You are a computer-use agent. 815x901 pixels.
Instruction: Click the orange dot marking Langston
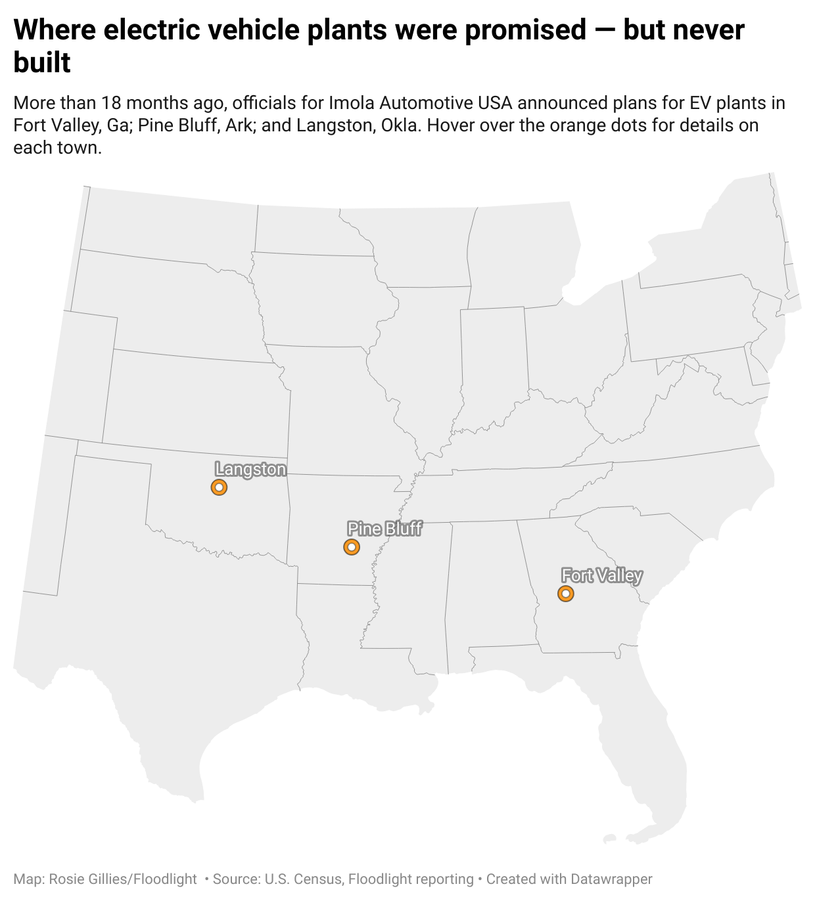coord(219,487)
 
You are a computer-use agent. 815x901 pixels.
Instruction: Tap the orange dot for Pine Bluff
coord(352,546)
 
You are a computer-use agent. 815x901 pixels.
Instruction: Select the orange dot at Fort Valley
coord(565,594)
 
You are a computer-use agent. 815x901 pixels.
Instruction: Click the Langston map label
coord(250,469)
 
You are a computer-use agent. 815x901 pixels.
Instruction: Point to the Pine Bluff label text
coord(384,529)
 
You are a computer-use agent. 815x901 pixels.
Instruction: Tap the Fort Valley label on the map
coord(601,575)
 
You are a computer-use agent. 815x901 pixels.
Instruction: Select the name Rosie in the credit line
coord(66,879)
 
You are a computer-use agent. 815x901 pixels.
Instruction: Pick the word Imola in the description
coord(352,103)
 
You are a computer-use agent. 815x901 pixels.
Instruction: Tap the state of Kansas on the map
coord(197,404)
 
